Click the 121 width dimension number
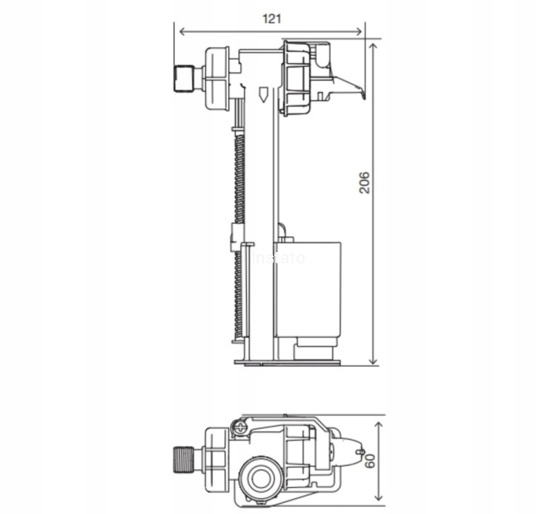coord(272,19)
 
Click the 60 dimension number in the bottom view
coord(368,461)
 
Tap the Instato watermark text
coord(279,258)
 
